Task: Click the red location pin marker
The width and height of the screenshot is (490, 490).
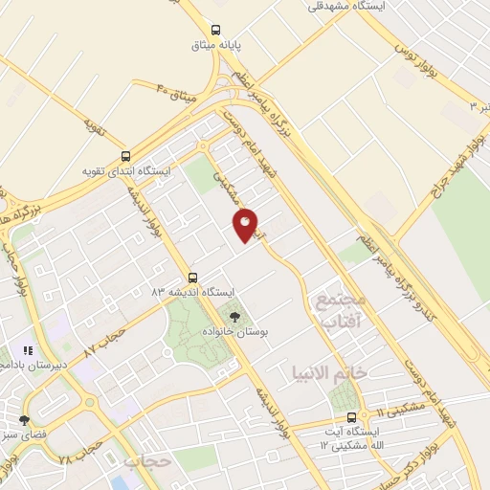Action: [246, 224]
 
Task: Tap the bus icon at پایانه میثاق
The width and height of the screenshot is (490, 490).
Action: [217, 29]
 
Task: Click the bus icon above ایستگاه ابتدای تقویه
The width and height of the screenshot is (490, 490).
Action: [126, 156]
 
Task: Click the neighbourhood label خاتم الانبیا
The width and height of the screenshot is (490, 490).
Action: [329, 369]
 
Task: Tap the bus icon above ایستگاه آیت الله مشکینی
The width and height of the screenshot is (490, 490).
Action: [352, 417]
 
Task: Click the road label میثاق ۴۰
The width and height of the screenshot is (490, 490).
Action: [175, 94]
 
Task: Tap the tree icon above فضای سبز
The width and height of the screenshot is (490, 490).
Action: [24, 420]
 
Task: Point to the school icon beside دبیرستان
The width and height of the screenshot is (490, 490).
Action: [29, 351]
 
